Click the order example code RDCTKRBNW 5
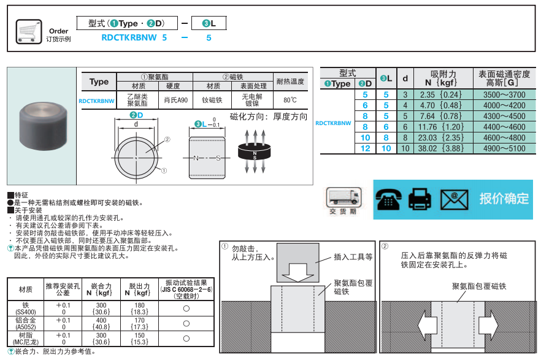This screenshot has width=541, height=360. click(x=134, y=37)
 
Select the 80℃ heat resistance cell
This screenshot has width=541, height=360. click(x=290, y=99)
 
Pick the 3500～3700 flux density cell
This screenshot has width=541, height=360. click(x=504, y=94)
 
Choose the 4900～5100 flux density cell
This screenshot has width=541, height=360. click(x=504, y=148)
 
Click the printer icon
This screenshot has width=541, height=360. click(x=421, y=198)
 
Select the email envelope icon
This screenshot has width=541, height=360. click(x=454, y=198)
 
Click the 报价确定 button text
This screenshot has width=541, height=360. click(x=503, y=198)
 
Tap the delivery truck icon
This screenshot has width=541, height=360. click(x=342, y=197)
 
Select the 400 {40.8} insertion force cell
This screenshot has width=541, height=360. click(x=101, y=324)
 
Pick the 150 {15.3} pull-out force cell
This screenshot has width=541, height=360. click(x=139, y=339)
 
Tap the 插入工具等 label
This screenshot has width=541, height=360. click(x=353, y=258)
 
